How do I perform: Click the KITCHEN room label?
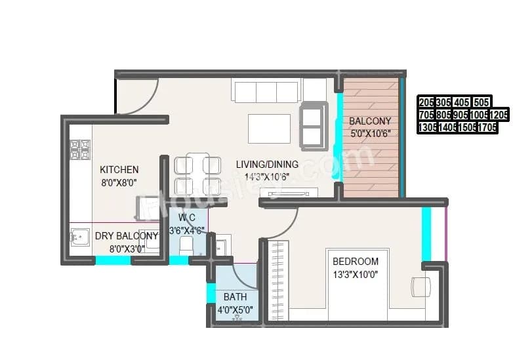[119, 169]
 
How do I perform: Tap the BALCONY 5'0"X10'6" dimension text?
[370, 134]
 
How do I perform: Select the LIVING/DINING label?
[267, 164]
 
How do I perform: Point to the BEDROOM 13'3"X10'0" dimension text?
[355, 274]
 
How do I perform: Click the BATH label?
[235, 296]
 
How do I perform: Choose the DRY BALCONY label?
[126, 236]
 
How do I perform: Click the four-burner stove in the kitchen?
[80, 150]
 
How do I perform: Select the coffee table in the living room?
[269, 129]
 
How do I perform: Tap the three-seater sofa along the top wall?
[266, 90]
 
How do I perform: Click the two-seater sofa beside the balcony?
[313, 126]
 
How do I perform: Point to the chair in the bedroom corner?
[421, 287]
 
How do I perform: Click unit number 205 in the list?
[426, 102]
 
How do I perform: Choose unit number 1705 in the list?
[487, 127]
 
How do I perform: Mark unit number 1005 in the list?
[478, 115]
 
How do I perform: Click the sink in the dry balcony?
[80, 237]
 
